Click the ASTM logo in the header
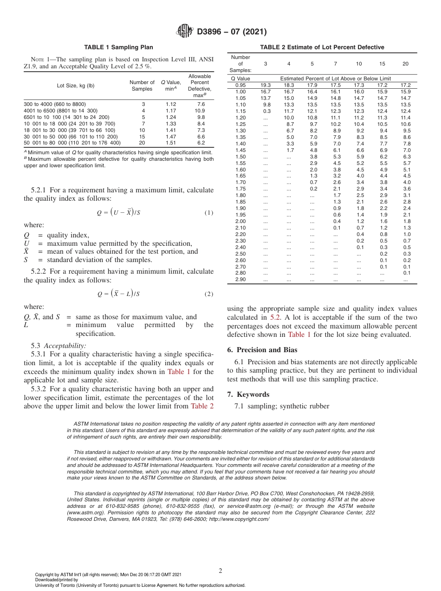pyautogui.click(x=185, y=32)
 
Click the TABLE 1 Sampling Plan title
pyautogui.click(x=118, y=47)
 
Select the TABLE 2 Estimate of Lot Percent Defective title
pyautogui.click(x=322, y=47)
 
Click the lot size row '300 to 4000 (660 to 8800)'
pyautogui.click(x=55, y=104)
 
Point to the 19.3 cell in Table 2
pyautogui.click(x=265, y=85)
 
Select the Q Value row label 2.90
pyautogui.click(x=240, y=279)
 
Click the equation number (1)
pyautogui.click(x=208, y=213)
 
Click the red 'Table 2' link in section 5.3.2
pyautogui.click(x=202, y=406)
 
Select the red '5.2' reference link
pyautogui.click(x=275, y=317)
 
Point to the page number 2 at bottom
pyautogui.click(x=220, y=571)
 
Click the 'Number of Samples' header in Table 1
pyautogui.click(x=142, y=85)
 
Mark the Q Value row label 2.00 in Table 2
pyautogui.click(x=240, y=221)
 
